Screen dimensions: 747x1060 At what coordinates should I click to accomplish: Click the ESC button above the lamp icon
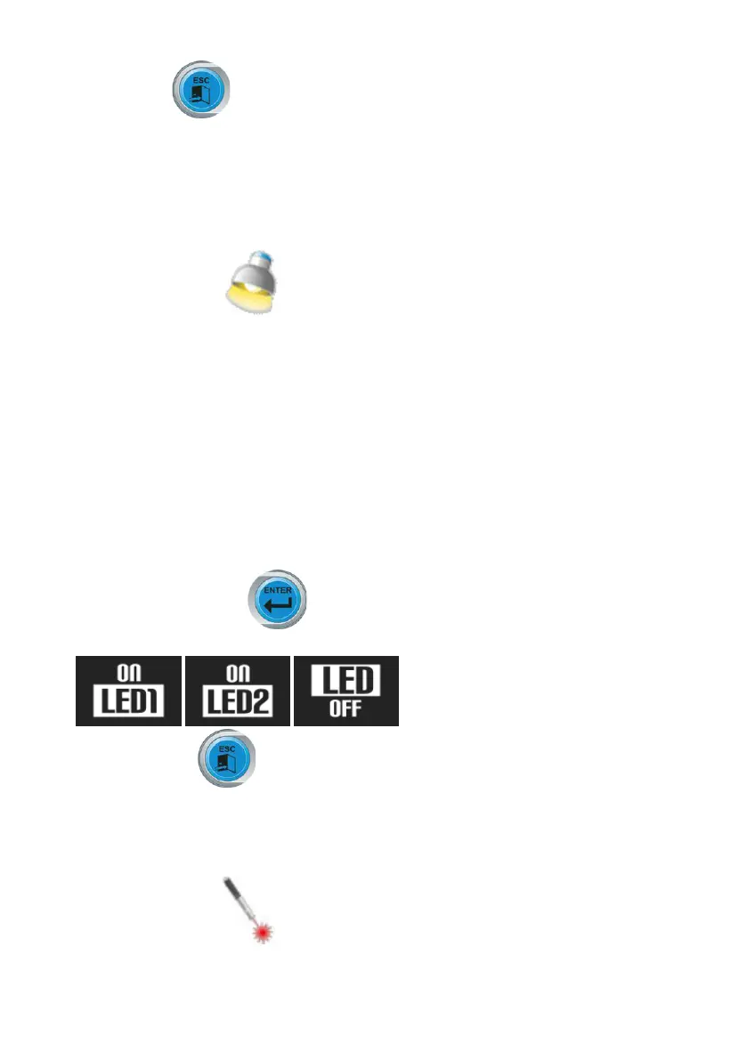(x=202, y=90)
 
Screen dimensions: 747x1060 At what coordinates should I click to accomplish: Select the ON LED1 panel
(x=128, y=691)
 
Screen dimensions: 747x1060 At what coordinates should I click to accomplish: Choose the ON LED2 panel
(x=237, y=691)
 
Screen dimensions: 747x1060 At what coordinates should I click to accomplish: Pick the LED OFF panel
(x=346, y=691)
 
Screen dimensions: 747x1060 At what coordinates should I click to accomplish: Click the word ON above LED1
(x=128, y=675)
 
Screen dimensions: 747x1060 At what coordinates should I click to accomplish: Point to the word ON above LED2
(x=237, y=675)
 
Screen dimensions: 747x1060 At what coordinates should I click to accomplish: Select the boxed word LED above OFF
(x=346, y=681)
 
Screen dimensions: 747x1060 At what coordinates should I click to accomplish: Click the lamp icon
(x=250, y=283)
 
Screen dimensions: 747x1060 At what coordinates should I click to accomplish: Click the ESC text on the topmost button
(x=202, y=77)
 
